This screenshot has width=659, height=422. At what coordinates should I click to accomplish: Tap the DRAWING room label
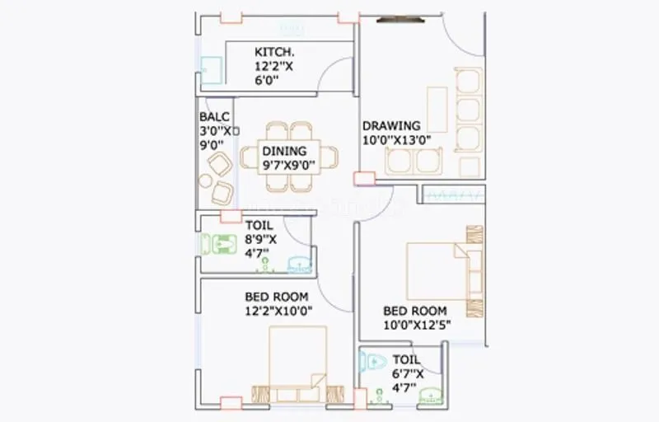click(x=391, y=125)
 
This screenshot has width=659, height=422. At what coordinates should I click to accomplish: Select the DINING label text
click(x=284, y=151)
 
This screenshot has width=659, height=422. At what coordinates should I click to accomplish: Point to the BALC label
click(x=213, y=117)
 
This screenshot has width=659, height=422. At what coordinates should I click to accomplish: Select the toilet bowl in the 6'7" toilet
click(x=373, y=361)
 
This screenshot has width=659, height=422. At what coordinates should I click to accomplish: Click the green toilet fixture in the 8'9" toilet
click(x=220, y=245)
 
